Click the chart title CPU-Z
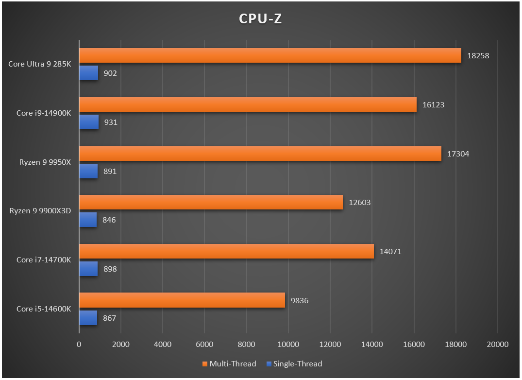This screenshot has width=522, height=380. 260,18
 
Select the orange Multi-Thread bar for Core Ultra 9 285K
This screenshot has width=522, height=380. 270,55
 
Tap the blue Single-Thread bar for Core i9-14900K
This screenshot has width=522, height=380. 89,122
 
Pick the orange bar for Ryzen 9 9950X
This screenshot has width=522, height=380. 260,154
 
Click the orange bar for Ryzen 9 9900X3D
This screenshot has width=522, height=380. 211,202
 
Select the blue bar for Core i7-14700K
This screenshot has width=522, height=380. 88,269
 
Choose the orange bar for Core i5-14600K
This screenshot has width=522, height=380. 182,300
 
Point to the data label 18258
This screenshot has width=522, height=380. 478,55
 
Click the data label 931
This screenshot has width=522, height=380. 111,122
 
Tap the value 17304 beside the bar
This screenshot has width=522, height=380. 458,154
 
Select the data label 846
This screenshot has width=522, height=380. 109,220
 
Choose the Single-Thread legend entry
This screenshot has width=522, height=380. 294,363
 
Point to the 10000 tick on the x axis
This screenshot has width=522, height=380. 288,345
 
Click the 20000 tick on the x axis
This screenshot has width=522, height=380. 497,345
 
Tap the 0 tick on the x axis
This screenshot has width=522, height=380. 79,345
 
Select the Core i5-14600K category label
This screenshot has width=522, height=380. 44,309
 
